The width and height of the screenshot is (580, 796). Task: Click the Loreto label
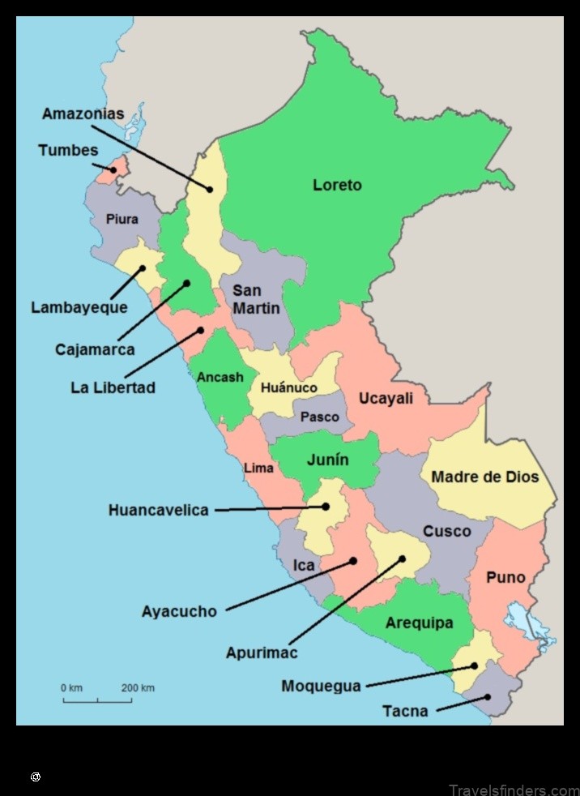pyautogui.click(x=337, y=185)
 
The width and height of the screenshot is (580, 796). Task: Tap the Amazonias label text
pyautogui.click(x=83, y=113)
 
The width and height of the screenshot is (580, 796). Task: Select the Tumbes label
pyautogui.click(x=67, y=150)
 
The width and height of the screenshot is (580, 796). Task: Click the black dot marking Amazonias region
pyautogui.click(x=210, y=190)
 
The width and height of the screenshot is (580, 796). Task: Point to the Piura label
pyautogui.click(x=122, y=219)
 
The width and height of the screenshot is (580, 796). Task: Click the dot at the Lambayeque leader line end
pyautogui.click(x=142, y=267)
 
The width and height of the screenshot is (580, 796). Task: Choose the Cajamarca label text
pyautogui.click(x=95, y=349)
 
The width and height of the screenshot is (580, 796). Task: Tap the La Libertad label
pyautogui.click(x=113, y=387)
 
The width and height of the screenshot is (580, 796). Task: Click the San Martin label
pyautogui.click(x=256, y=299)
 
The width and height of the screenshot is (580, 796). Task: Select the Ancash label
pyautogui.click(x=220, y=377)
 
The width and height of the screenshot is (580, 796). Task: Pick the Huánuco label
pyautogui.click(x=288, y=388)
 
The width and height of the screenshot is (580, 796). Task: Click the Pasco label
pyautogui.click(x=320, y=417)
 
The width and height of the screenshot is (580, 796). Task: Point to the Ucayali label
pyautogui.click(x=386, y=398)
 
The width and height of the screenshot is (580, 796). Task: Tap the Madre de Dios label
pyautogui.click(x=484, y=477)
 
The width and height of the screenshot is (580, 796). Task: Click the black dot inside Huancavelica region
pyautogui.click(x=326, y=507)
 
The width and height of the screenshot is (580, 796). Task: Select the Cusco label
pyautogui.click(x=446, y=531)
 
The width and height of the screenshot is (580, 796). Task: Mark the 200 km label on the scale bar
pyautogui.click(x=138, y=688)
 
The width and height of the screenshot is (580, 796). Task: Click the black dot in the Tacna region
pyautogui.click(x=488, y=697)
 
